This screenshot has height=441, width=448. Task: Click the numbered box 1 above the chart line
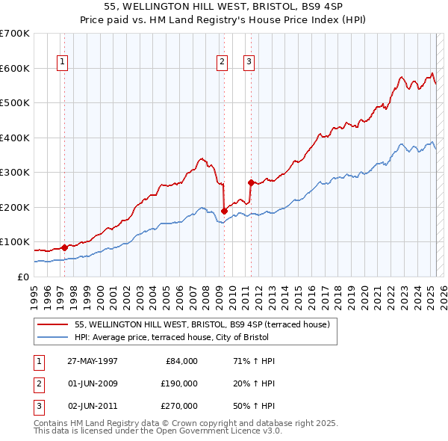[x=62, y=62]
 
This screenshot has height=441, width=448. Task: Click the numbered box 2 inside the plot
[x=223, y=62]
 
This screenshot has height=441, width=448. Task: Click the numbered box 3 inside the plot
[x=249, y=62]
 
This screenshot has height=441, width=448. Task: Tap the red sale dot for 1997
[x=64, y=247]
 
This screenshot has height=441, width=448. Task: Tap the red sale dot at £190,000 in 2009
[x=224, y=211]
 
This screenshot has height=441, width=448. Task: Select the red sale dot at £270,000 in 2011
[x=251, y=182]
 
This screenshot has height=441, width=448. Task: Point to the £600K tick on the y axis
[x=15, y=68]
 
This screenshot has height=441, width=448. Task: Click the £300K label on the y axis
[x=15, y=172]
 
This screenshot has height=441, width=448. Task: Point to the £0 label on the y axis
[x=22, y=277]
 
